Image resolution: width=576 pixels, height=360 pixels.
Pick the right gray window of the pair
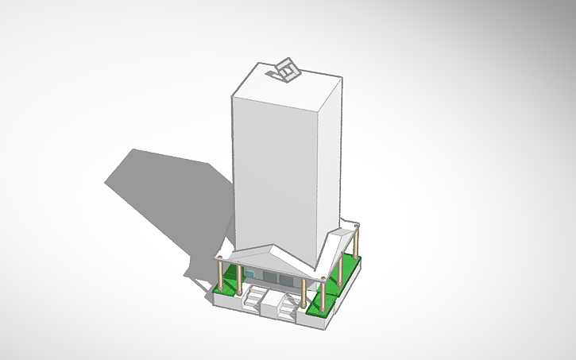284,278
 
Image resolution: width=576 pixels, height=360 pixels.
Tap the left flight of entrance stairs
257,300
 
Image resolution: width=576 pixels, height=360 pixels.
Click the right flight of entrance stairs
284,306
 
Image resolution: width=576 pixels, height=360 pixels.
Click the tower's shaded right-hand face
330,159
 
